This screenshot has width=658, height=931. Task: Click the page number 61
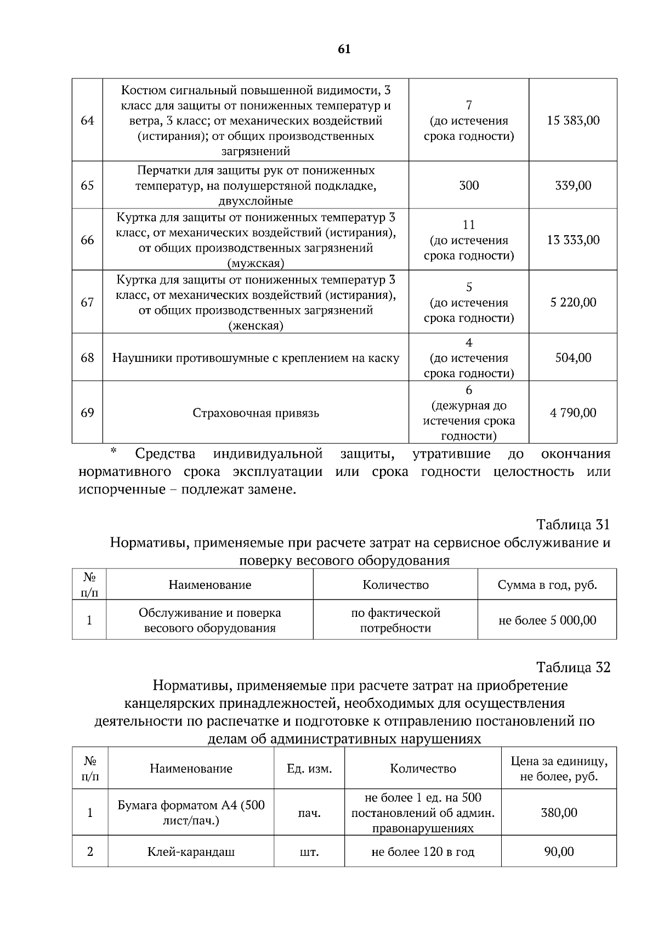tap(344, 49)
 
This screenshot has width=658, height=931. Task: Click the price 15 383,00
tap(573, 120)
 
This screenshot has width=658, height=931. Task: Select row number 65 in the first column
tap(87, 185)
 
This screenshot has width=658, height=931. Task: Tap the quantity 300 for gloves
tap(469, 185)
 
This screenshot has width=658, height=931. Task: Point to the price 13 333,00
tap(573, 240)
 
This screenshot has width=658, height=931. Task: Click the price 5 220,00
tap(573, 302)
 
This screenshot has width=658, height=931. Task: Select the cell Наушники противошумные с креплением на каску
tap(256, 358)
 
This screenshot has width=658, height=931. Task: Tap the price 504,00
tap(573, 358)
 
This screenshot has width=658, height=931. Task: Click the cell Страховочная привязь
tap(256, 413)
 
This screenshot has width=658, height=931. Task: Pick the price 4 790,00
tap(573, 413)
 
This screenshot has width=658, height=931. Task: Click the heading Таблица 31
tap(573, 525)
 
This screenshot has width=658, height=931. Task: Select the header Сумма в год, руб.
tap(547, 584)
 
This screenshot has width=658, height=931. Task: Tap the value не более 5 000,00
tap(547, 620)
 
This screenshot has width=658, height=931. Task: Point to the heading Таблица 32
tap(573, 667)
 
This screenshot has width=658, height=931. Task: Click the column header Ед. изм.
tap(309, 769)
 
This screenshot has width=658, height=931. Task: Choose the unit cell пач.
tap(309, 813)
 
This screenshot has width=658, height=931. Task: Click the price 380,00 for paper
tap(559, 813)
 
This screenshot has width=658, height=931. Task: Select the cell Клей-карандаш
tap(191, 851)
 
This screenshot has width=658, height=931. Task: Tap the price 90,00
tap(559, 851)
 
